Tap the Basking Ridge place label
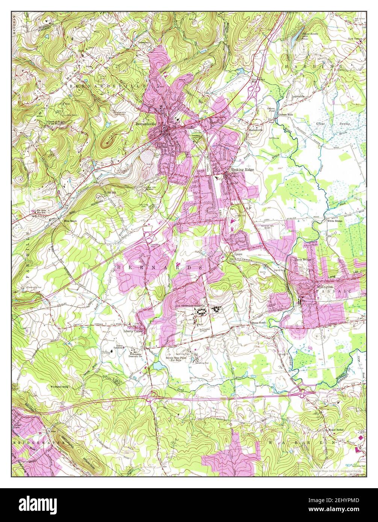tap(242, 170)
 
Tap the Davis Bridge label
tap(304, 259)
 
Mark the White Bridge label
tap(334, 221)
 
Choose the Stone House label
tap(259, 323)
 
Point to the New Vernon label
tap(356, 39)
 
